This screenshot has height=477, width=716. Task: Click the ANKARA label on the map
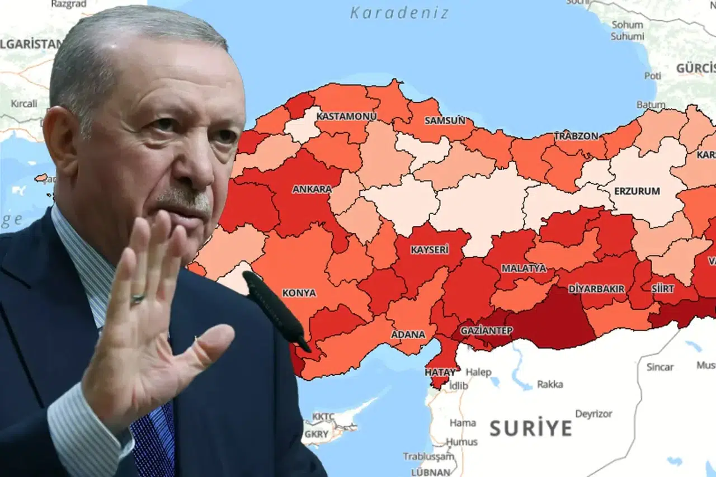[x=312, y=189]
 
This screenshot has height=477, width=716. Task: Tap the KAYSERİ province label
[x=430, y=249]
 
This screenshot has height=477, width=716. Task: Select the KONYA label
[x=299, y=292]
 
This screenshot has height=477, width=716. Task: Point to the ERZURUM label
[x=637, y=191]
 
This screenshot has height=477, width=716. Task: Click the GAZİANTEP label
[x=486, y=330]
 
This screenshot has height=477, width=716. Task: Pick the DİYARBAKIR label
[x=596, y=289]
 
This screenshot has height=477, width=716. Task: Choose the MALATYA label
[x=524, y=268]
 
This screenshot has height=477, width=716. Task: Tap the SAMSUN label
[x=445, y=120]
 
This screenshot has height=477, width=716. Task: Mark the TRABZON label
[x=576, y=136]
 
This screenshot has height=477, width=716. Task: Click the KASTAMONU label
[x=346, y=116]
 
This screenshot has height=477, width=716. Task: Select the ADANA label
[x=408, y=334]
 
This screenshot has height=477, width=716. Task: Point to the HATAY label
[x=440, y=371]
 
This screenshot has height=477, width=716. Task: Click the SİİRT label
[x=662, y=288]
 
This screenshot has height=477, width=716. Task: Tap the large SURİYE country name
[x=531, y=428]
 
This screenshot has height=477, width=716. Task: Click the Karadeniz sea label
[x=399, y=12]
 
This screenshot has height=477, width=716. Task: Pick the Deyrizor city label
[x=594, y=414]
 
